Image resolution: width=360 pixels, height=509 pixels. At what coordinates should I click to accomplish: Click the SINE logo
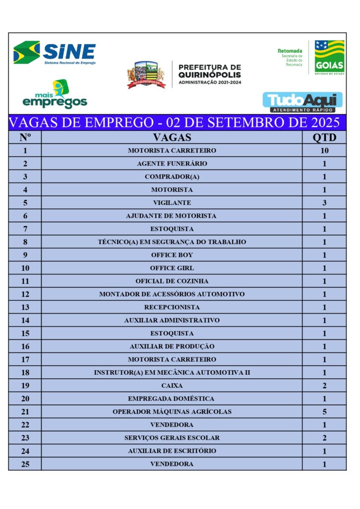[55, 53]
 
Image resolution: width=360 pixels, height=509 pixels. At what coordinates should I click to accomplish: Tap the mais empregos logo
[55, 94]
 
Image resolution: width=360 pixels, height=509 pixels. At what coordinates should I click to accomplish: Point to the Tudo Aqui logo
[302, 101]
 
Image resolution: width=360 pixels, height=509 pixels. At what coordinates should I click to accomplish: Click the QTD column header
[324, 137]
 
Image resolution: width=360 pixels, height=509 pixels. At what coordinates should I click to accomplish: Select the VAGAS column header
[172, 137]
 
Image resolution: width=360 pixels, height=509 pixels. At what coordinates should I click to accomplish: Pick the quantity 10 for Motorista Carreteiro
[324, 150]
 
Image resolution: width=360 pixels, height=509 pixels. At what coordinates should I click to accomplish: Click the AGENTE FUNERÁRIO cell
[172, 164]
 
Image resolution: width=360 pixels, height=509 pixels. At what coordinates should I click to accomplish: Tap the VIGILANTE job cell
[172, 203]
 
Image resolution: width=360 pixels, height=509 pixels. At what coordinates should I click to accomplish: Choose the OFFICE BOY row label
[172, 255]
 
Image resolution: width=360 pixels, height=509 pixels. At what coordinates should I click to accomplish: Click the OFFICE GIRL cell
[172, 268]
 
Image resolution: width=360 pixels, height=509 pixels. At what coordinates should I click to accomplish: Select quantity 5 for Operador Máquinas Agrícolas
[324, 412]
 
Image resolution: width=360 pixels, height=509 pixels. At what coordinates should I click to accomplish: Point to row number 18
[25, 373]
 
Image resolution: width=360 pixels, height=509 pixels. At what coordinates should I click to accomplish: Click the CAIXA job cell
[172, 385]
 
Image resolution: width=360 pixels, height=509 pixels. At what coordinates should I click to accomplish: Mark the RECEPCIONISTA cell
[172, 307]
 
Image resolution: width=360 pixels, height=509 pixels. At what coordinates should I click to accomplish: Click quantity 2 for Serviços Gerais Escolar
[324, 438]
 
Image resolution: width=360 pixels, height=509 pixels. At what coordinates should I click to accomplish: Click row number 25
[25, 464]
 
